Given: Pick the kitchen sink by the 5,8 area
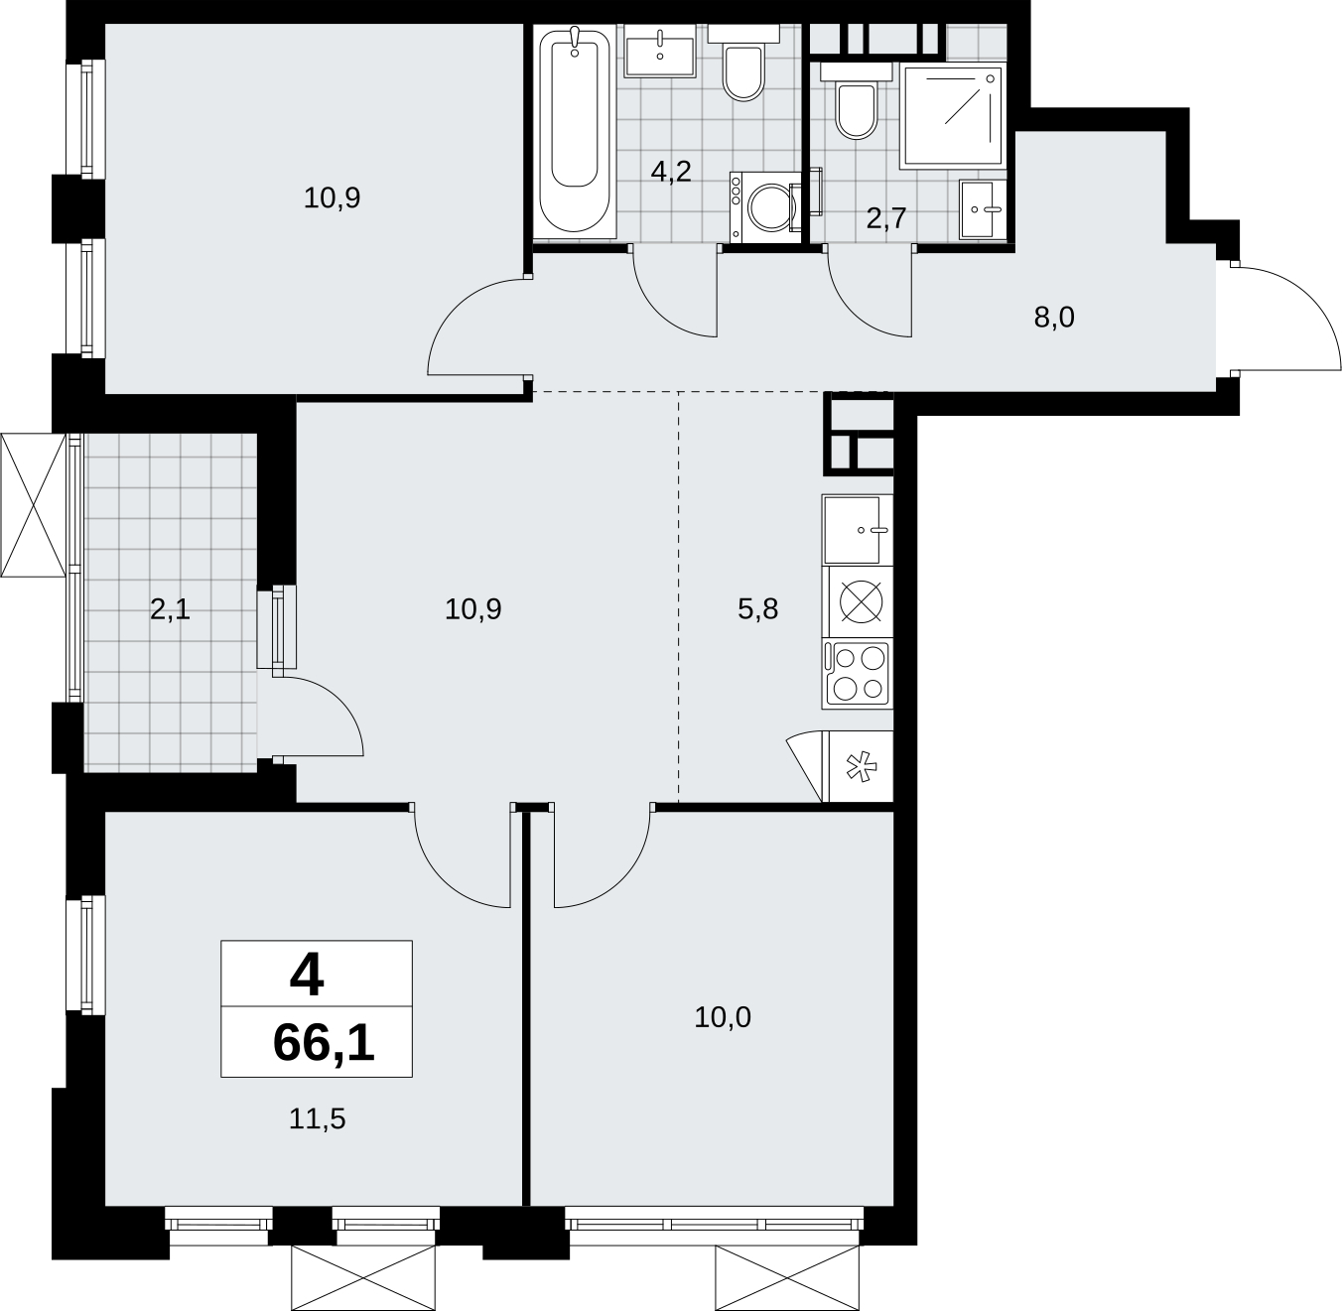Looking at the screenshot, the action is pos(858,530).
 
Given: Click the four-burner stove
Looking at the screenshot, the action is pos(858,674).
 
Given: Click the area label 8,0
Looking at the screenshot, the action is pos(1054,318).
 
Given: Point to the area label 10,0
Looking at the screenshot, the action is pos(722,1017).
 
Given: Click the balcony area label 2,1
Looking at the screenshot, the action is pos(170,609).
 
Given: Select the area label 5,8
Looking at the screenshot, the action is pos(758,609).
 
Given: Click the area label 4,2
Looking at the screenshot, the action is pos(671,171).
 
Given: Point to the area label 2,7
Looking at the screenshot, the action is pos(885,218).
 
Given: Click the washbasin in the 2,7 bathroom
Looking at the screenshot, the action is pos(983,209).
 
